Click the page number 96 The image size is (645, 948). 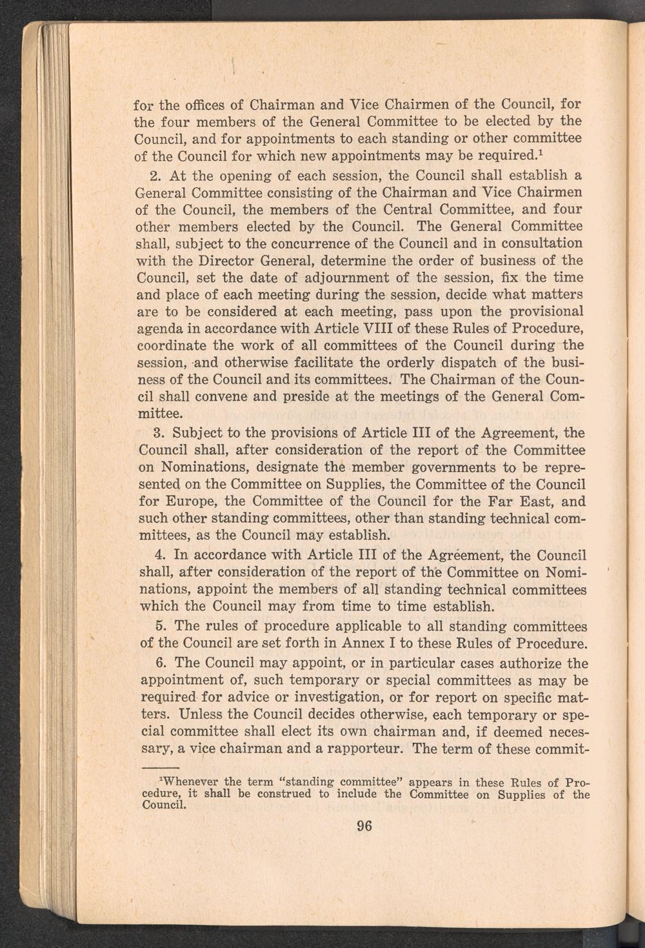[x=365, y=827]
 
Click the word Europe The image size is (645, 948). [x=195, y=501]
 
